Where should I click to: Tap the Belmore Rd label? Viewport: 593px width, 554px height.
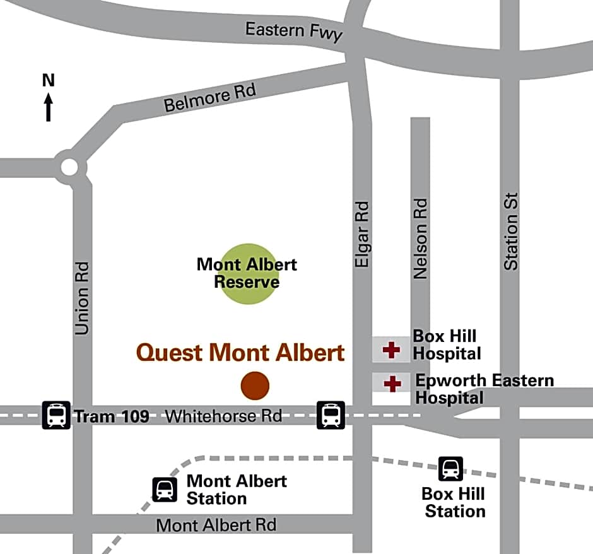click(x=210, y=98)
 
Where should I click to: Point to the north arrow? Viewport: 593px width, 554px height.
click(x=49, y=107)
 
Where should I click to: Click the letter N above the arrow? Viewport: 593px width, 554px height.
click(x=49, y=80)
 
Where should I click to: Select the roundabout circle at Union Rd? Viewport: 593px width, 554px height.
click(x=69, y=167)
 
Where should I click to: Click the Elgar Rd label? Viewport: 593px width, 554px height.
click(x=361, y=234)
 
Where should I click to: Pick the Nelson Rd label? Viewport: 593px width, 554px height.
click(x=420, y=239)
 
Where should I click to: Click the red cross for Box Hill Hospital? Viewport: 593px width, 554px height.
click(x=392, y=350)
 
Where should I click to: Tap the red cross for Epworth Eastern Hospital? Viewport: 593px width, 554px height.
click(x=392, y=383)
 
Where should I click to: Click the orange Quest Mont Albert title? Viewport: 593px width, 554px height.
click(x=240, y=353)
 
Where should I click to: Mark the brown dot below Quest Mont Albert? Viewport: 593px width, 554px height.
click(x=255, y=386)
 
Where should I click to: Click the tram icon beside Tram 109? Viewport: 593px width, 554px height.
click(x=56, y=415)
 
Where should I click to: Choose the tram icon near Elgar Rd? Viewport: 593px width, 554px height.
click(x=331, y=415)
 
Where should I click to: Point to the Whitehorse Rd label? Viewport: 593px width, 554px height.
click(x=223, y=416)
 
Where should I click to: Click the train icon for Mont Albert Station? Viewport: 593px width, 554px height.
click(x=165, y=490)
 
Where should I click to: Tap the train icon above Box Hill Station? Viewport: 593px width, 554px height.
click(x=450, y=469)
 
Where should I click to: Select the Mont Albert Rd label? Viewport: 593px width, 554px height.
click(x=216, y=525)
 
